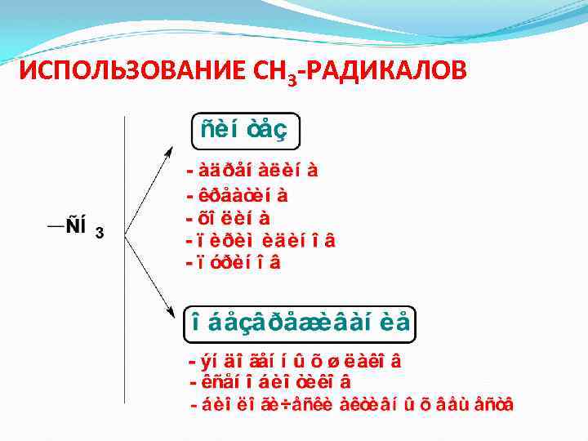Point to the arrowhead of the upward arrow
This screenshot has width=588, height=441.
pyautogui.click(x=169, y=152)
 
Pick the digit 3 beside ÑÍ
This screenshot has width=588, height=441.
pyautogui.click(x=99, y=234)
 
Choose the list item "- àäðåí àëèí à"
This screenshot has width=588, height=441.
pyautogui.click(x=252, y=171)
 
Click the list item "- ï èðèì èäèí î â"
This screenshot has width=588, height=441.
pyautogui.click(x=261, y=241)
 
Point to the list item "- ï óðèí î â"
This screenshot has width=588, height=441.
pyautogui.click(x=234, y=263)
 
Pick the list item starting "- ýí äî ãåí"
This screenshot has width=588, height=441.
pyautogui.click(x=298, y=360)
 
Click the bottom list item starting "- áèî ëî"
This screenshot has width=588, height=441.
pyautogui.click(x=351, y=403)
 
